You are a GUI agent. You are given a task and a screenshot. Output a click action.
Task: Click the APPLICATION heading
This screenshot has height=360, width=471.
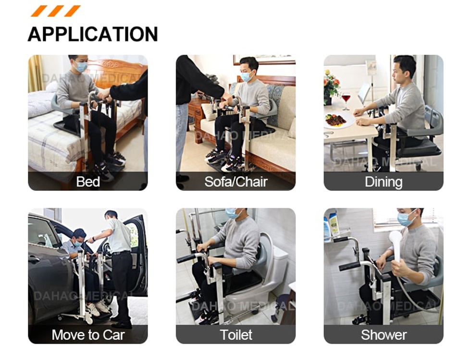93,34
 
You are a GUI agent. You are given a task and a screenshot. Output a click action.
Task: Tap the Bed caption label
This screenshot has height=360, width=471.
88,182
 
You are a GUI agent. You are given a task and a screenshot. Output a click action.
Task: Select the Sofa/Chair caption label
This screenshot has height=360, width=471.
235,182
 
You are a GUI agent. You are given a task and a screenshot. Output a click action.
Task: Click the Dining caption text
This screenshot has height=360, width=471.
383,182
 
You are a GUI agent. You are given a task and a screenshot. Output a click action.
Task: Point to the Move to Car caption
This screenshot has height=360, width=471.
88,335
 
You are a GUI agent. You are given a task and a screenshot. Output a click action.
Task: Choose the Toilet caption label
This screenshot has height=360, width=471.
235,335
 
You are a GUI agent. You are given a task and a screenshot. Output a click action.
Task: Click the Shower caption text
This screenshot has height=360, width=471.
383,335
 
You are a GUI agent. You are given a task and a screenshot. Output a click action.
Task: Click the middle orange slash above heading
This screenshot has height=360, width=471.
56,11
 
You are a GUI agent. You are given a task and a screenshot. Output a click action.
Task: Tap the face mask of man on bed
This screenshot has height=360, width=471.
81,67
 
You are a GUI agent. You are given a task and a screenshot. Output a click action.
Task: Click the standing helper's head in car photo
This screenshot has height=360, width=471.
111,217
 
